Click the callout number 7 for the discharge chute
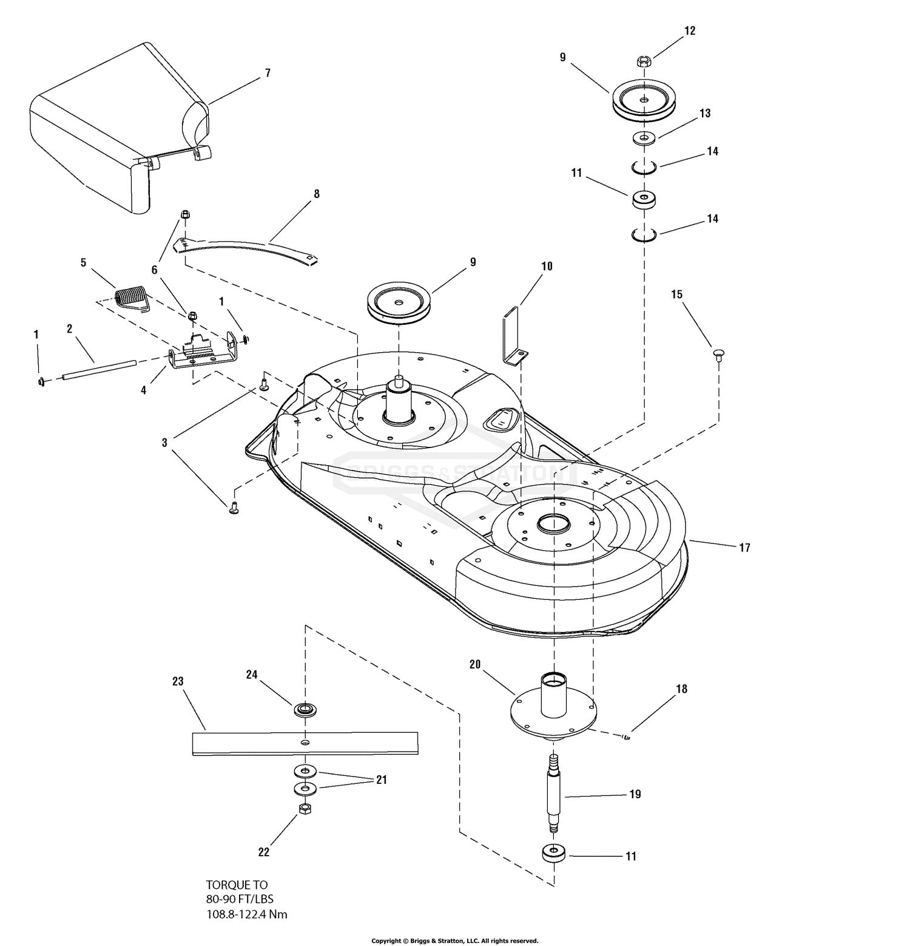click(x=268, y=73)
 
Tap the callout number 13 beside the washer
click(x=704, y=113)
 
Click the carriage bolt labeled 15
click(x=719, y=355)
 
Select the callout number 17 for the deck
click(x=744, y=548)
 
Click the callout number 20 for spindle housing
click(x=474, y=664)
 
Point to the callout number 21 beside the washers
click(x=381, y=780)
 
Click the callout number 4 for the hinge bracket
click(x=144, y=390)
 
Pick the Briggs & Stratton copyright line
click(x=454, y=941)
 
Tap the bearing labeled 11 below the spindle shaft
click(x=553, y=853)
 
